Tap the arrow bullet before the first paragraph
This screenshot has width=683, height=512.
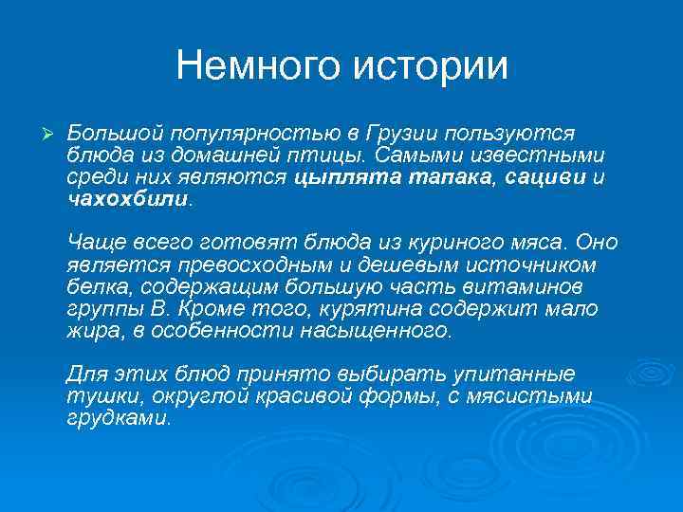39,129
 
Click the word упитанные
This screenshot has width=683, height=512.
514,374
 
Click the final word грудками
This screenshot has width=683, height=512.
120,419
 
